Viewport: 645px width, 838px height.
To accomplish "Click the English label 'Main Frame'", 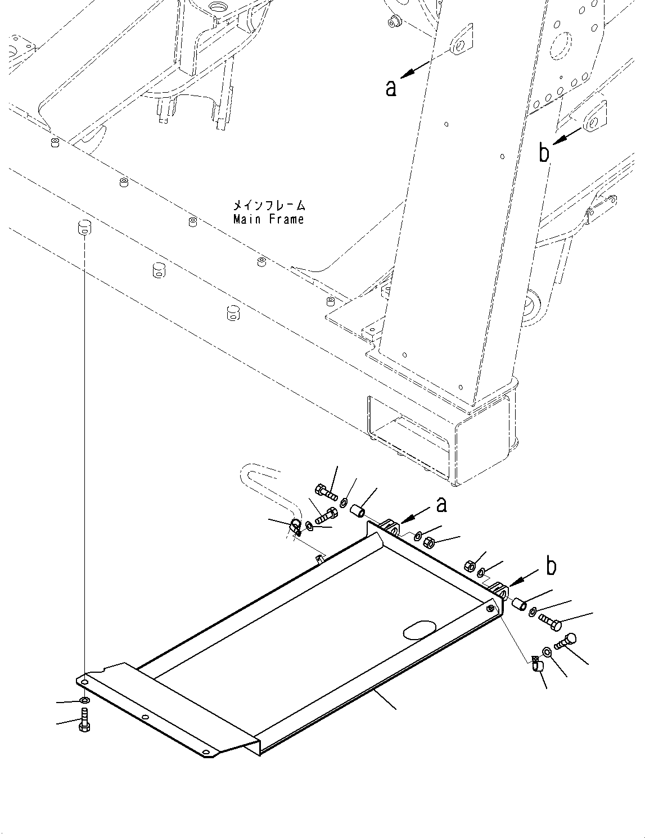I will [x=268, y=219].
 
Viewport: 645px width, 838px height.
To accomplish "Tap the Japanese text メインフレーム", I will [x=269, y=205].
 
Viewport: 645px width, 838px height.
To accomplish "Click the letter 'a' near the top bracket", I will [x=391, y=88].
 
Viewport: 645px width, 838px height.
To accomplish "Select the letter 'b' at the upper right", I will [x=544, y=152].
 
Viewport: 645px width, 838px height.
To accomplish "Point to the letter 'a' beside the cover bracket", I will [x=442, y=505].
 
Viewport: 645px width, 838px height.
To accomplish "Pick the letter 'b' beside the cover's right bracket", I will [x=551, y=567].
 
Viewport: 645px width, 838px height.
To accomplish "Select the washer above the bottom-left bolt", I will [x=84, y=700].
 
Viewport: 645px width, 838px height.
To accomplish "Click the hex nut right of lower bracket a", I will [x=427, y=543].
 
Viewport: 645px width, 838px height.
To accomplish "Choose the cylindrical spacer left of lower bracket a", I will [x=358, y=511].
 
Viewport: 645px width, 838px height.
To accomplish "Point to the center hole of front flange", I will [x=145, y=718].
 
